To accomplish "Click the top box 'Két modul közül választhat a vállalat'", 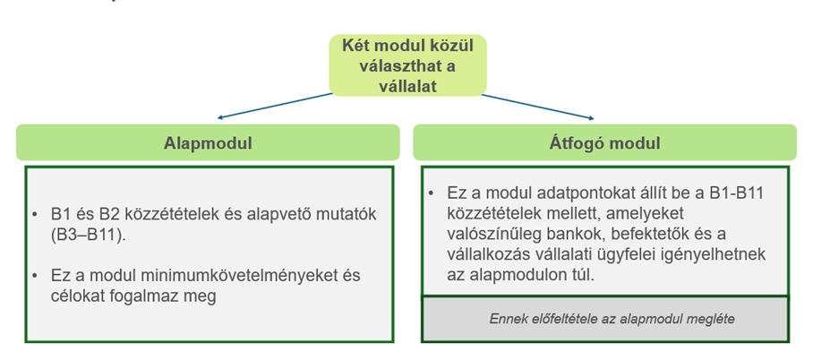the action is pyautogui.click(x=408, y=65).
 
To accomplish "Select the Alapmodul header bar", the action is pyautogui.click(x=208, y=142).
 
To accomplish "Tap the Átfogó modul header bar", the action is pyautogui.click(x=604, y=142).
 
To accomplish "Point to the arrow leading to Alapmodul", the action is pyautogui.click(x=275, y=106).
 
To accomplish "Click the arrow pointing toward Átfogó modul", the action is pyautogui.click(x=538, y=107).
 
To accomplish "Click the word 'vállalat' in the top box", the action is pyautogui.click(x=407, y=86).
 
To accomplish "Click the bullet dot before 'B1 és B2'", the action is pyautogui.click(x=35, y=215).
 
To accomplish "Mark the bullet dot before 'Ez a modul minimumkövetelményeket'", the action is pyautogui.click(x=35, y=276).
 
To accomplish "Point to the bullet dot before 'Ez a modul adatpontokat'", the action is pyautogui.click(x=431, y=193).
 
